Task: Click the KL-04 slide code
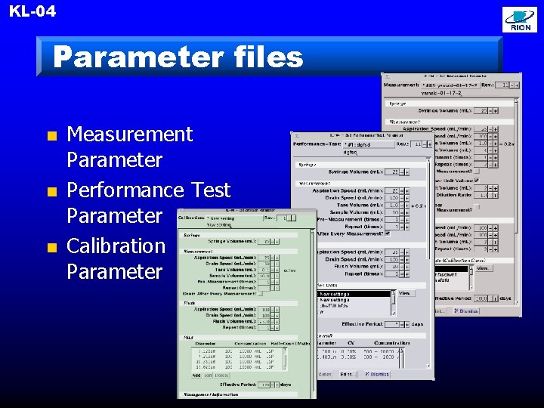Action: tap(32, 12)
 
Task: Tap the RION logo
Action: tap(520, 20)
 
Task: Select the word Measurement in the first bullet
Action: tap(130, 134)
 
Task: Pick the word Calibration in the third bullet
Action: tap(116, 246)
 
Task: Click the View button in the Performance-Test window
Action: tap(404, 293)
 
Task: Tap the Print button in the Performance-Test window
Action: tap(347, 374)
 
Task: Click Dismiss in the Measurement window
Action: tap(468, 311)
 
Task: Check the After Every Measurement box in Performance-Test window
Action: tap(388, 233)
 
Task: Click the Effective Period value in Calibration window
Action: tap(267, 384)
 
